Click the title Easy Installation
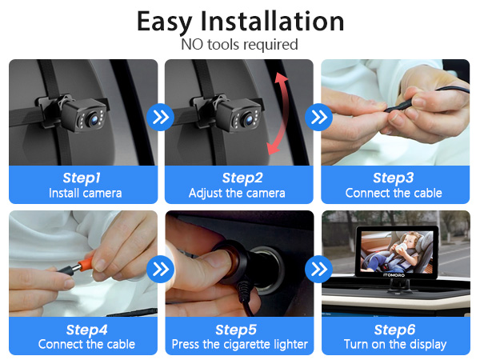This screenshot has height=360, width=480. coord(240,21)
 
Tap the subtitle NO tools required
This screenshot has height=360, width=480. coord(240,45)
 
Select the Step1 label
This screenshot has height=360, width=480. coord(85,178)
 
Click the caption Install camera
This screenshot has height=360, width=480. coord(85,193)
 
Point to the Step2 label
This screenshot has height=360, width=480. coord(241,178)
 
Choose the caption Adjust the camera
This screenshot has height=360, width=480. coord(241,193)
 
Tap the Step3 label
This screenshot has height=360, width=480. coord(394,178)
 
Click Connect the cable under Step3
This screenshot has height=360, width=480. coord(394,193)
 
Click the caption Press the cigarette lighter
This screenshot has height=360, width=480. coord(241,344)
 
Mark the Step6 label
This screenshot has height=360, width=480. coord(394,329)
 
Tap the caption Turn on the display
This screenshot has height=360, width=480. coord(394,344)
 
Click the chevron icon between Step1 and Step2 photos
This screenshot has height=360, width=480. coord(162,118)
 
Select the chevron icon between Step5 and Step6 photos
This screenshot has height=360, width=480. coord(319,269)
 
